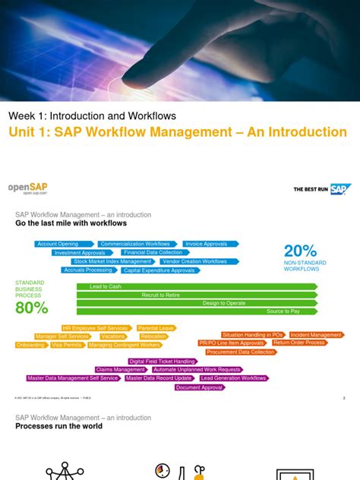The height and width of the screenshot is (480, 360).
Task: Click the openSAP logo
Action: [x=27, y=188]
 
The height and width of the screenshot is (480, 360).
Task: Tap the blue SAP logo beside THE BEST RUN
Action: [x=339, y=189]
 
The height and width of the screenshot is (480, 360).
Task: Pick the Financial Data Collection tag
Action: [x=153, y=252]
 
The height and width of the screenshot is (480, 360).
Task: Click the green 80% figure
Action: [x=31, y=308]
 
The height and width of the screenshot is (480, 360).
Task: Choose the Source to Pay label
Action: [x=283, y=311]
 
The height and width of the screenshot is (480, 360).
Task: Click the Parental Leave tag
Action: [x=156, y=328]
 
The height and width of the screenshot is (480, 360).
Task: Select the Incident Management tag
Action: [x=316, y=335]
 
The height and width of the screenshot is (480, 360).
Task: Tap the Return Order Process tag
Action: [x=299, y=343]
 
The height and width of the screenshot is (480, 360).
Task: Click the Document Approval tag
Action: [x=200, y=387]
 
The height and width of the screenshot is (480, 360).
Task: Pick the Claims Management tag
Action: [x=120, y=370]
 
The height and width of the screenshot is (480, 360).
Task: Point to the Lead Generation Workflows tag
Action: [x=234, y=378]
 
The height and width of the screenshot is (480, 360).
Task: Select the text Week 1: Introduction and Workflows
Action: [x=92, y=116]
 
